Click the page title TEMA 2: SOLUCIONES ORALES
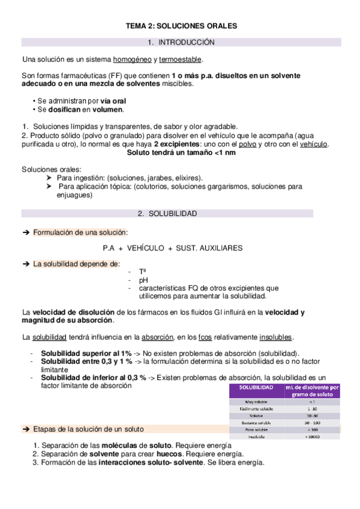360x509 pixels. (x=181, y=26)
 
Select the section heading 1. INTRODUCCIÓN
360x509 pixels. (x=181, y=43)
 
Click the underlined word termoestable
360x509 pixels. (x=181, y=60)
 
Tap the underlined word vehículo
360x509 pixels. (x=313, y=145)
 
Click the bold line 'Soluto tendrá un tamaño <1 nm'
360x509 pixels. (x=181, y=153)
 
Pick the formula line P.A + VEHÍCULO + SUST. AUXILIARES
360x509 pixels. (x=173, y=247)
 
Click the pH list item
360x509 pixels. (x=143, y=280)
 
